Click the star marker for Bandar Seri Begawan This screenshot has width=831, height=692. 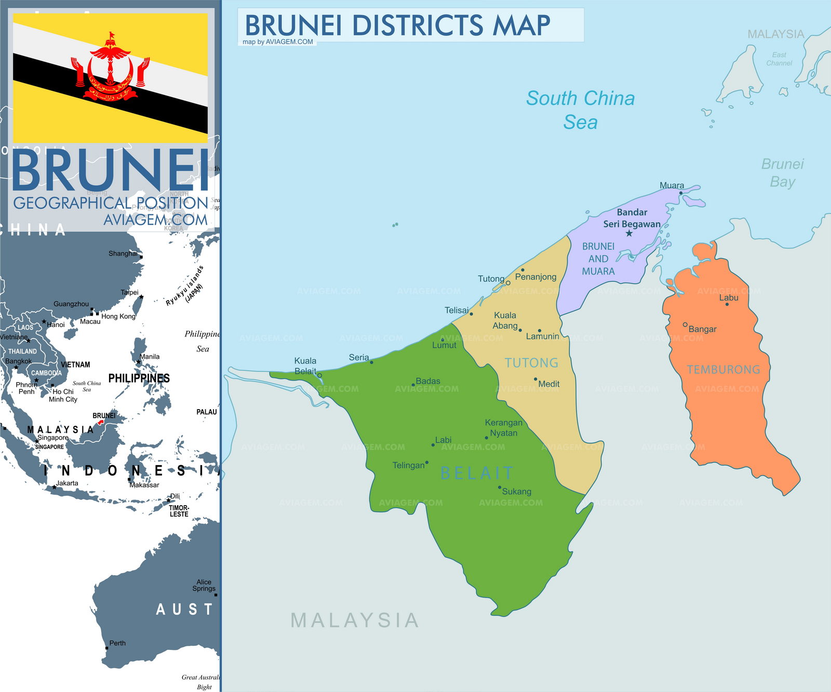(x=629, y=234)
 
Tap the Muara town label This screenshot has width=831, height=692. (x=672, y=185)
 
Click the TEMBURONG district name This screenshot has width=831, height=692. (x=723, y=370)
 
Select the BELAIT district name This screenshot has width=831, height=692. (x=477, y=473)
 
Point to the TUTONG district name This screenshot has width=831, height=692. (x=531, y=363)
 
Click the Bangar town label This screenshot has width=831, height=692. (x=702, y=329)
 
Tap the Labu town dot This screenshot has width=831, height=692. (x=727, y=304)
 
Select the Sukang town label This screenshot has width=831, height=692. (x=516, y=492)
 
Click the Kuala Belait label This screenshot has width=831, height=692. (x=305, y=366)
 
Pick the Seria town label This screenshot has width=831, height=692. (x=359, y=357)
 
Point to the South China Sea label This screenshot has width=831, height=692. (x=580, y=110)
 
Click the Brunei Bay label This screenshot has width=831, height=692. (x=782, y=173)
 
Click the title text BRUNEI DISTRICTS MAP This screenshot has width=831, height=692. (x=397, y=25)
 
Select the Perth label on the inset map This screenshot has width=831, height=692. (x=117, y=643)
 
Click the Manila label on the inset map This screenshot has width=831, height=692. (x=150, y=357)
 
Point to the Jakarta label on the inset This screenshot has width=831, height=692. (x=67, y=483)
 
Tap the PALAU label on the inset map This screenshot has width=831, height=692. (x=206, y=412)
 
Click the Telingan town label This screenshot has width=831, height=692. (x=408, y=466)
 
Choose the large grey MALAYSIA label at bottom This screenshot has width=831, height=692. (x=355, y=620)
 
